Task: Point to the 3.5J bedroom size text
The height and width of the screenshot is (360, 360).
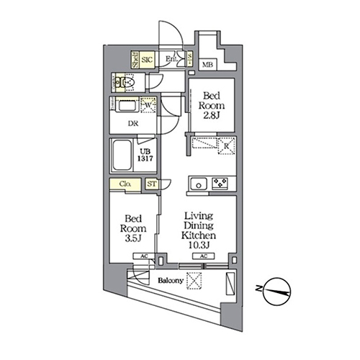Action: coord(132,235)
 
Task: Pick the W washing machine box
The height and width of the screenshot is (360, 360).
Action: coord(148,106)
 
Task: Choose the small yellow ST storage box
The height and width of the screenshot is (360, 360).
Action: coord(152,184)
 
